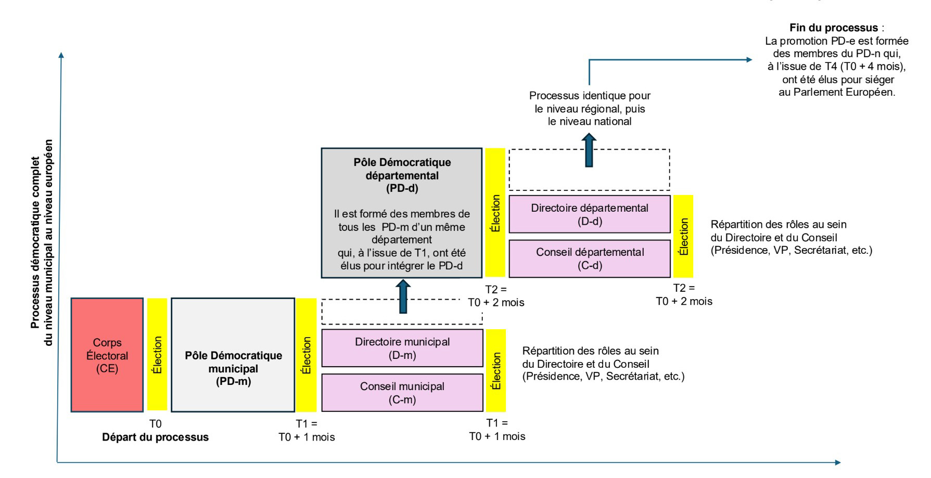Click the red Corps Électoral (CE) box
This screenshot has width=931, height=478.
(107, 355)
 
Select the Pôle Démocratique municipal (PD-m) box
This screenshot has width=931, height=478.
(233, 355)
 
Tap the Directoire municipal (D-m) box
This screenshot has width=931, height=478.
(402, 348)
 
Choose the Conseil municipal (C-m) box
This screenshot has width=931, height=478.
(402, 393)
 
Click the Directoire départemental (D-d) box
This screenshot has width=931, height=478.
(589, 214)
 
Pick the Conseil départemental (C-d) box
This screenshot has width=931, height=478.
(589, 259)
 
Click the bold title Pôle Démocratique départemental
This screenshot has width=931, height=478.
(402, 169)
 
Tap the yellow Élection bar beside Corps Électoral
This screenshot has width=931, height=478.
(157, 355)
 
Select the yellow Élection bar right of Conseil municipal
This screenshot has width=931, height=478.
(496, 370)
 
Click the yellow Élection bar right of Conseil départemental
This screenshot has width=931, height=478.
(683, 236)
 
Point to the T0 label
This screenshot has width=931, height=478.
(155, 424)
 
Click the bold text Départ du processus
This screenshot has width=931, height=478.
(155, 437)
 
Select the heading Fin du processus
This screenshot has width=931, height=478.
(833, 28)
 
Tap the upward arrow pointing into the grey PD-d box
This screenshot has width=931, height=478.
(403, 296)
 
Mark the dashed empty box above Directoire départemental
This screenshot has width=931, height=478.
(589, 170)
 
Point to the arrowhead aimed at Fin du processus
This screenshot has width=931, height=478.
(749, 60)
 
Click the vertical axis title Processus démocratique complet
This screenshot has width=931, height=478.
(35, 242)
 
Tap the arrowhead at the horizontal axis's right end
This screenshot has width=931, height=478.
(837, 462)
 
